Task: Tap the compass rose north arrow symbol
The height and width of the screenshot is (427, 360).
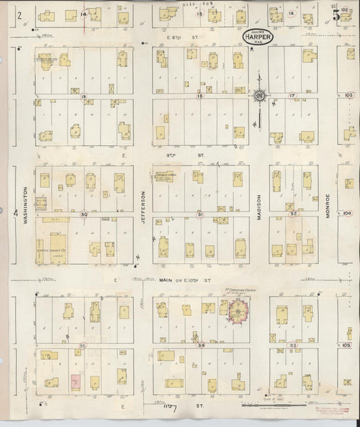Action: click(x=259, y=95)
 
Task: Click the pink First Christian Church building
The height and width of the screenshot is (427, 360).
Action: click(x=238, y=312)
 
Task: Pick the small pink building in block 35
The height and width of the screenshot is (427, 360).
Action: click(x=76, y=381)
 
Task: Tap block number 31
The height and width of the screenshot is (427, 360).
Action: click(x=200, y=214)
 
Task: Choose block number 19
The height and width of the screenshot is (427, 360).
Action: click(x=84, y=97)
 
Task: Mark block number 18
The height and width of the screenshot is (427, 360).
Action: click(x=199, y=97)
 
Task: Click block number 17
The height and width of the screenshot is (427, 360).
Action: click(x=292, y=96)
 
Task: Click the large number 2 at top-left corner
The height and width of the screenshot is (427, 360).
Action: click(x=20, y=14)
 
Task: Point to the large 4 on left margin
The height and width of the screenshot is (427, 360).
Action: click(x=15, y=213)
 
